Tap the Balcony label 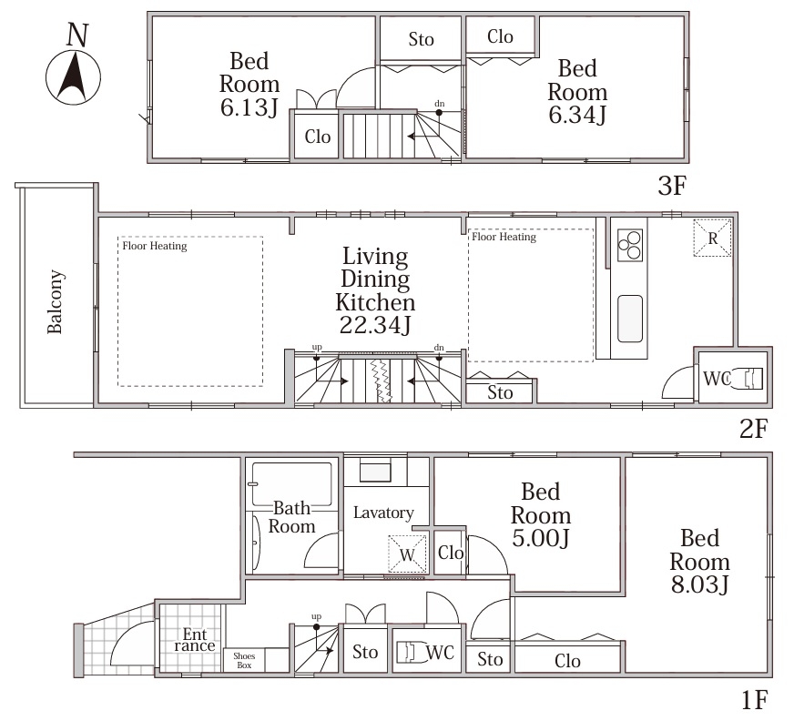point(56,301)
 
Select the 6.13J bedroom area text point(249,107)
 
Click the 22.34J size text point(375,325)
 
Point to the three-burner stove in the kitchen point(630,246)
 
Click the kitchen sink point(630,319)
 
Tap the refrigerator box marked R point(712,238)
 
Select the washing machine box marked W point(407,554)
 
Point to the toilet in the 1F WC point(410,652)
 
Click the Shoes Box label point(244,660)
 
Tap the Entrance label point(195,640)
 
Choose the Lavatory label point(383,513)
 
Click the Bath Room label point(291,517)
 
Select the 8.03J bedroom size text point(700,584)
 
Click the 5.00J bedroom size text point(541,538)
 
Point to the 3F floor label point(672,186)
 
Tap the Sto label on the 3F point(422,39)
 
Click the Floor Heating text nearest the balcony point(155,246)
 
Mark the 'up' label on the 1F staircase point(317,616)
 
